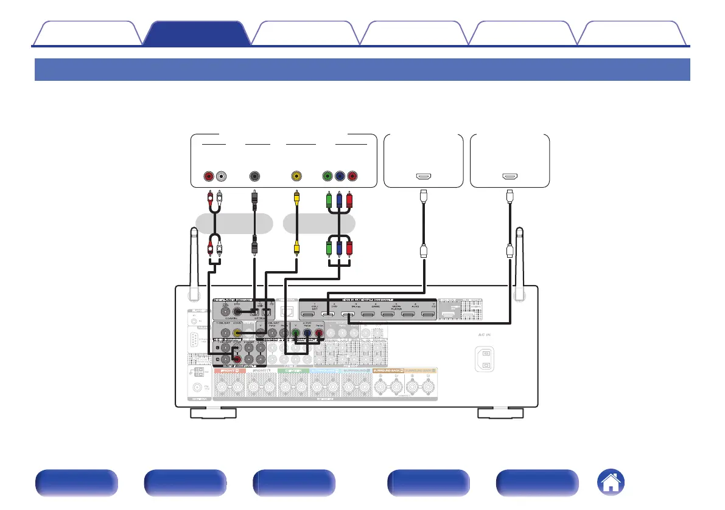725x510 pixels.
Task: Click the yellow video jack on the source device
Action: point(296,177)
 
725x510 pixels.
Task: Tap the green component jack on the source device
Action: point(327,177)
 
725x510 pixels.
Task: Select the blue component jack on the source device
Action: point(340,177)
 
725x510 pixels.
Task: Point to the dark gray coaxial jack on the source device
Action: point(254,177)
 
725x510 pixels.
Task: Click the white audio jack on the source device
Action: point(221,177)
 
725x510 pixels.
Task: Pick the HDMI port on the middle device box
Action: point(423,177)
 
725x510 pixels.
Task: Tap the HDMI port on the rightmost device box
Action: point(510,177)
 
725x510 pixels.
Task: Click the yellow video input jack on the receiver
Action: point(240,333)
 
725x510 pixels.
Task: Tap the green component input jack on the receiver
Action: point(296,333)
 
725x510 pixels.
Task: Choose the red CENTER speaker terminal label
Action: point(293,370)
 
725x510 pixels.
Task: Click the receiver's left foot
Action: point(213,414)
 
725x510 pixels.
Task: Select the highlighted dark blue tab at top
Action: point(196,34)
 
